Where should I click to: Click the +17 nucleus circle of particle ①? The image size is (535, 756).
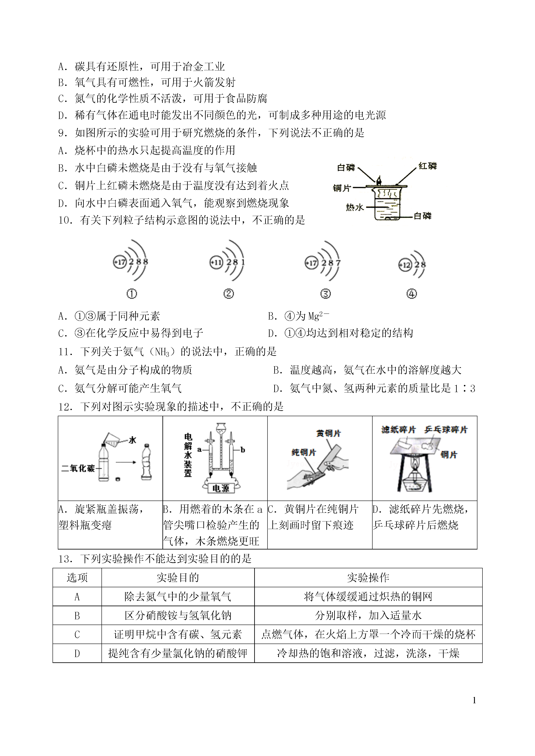click(120, 262)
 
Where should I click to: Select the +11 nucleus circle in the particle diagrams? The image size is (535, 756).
click(216, 263)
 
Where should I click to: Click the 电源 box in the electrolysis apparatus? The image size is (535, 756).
click(221, 488)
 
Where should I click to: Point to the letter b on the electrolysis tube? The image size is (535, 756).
click(243, 450)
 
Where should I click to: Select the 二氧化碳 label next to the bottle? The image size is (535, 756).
click(78, 468)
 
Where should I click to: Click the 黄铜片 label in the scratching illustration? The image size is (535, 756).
click(328, 433)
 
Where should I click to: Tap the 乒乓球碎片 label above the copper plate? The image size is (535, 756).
click(446, 429)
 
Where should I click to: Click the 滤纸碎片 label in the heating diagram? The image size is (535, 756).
click(398, 429)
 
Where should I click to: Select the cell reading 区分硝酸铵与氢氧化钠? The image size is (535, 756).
click(178, 615)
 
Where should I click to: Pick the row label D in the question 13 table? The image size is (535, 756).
click(77, 653)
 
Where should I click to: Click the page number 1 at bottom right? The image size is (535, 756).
click(474, 700)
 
